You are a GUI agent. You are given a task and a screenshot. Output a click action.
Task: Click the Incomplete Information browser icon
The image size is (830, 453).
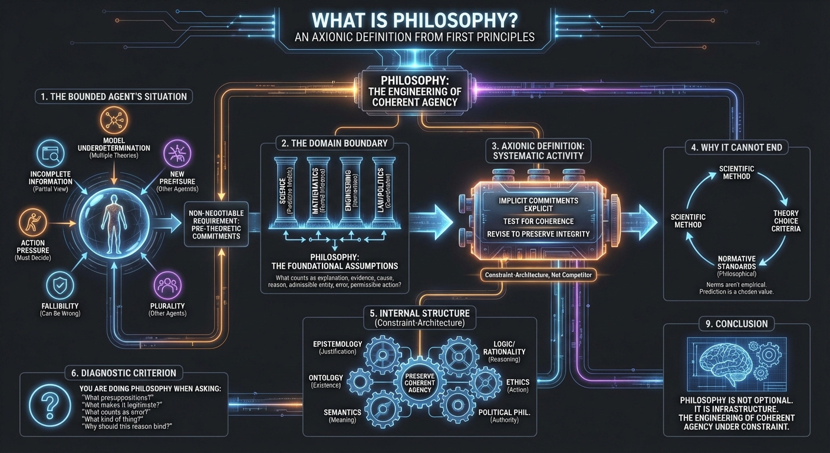[x=49, y=154]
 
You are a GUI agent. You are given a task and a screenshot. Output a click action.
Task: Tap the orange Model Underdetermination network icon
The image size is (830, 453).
[x=111, y=120]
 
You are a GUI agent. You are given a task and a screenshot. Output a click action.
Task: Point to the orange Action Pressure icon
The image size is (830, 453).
[x=28, y=224]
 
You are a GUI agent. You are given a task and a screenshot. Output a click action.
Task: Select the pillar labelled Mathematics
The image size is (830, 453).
[x=318, y=188]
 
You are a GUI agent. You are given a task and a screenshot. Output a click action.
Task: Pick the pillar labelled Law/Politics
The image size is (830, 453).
[x=381, y=188]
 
